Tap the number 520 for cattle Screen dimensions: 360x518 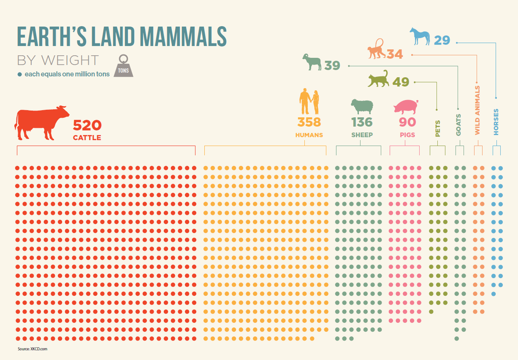click(87, 125)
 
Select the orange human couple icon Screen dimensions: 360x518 click(310, 102)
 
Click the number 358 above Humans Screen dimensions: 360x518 click(309, 122)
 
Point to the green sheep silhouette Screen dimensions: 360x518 click(362, 107)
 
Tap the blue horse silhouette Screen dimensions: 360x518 click(420, 36)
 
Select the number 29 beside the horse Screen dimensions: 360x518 click(442, 41)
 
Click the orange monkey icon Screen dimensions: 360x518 click(376, 48)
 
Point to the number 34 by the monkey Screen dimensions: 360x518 click(395, 54)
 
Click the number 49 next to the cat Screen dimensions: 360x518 click(401, 82)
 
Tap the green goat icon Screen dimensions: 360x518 click(313, 62)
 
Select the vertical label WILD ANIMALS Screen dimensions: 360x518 click(477, 111)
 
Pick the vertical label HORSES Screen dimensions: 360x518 click(496, 122)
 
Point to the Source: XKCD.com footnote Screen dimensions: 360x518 click(32, 348)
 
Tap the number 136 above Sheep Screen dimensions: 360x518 click(362, 122)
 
